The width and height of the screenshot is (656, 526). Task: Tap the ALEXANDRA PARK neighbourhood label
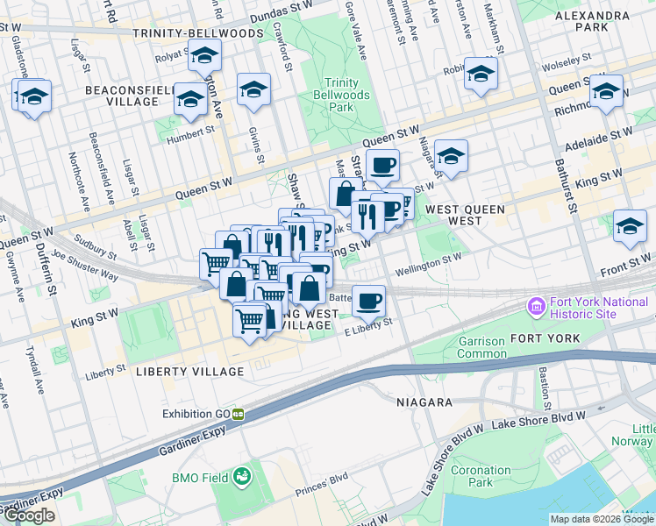click(593, 21)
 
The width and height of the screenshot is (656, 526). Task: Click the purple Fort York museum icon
click(534, 308)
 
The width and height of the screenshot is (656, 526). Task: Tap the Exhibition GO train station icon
click(238, 414)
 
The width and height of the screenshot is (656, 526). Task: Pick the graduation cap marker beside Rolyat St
click(204, 55)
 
